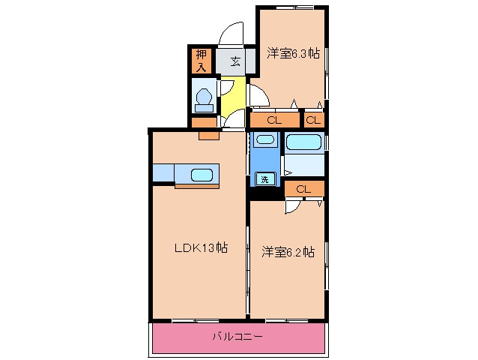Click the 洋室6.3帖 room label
[x=293, y=53]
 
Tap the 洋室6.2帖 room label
[x=288, y=252]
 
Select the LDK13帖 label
[x=202, y=247]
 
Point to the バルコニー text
[x=238, y=337]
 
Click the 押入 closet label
[x=202, y=61]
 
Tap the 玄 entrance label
[x=235, y=61]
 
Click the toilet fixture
[x=204, y=100]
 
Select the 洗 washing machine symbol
[x=264, y=179]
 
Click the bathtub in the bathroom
[x=303, y=142]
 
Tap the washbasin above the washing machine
[x=265, y=139]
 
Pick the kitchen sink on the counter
[x=202, y=175]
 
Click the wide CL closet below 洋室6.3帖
[x=274, y=120]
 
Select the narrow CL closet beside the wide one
[x=314, y=120]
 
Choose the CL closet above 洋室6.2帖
[x=304, y=189]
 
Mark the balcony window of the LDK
[x=196, y=321]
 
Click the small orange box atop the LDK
[x=209, y=136]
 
